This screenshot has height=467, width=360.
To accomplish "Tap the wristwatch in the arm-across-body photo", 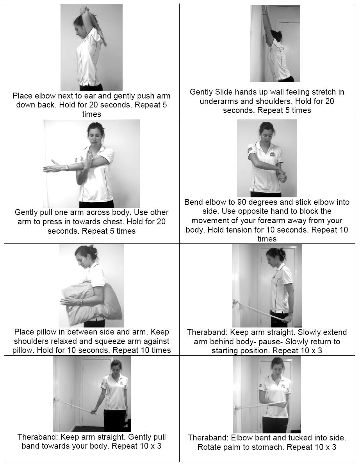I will pyautogui.click(x=67, y=167).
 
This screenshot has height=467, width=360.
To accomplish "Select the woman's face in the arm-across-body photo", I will pyautogui.click(x=94, y=134).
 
